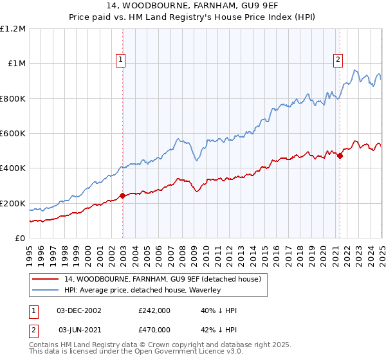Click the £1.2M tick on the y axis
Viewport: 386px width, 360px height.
point(14,28)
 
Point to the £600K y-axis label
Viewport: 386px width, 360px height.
point(13,133)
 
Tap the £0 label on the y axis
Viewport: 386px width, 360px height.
point(20,238)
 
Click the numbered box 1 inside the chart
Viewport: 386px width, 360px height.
point(120,60)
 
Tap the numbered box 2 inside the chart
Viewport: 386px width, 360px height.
point(338,60)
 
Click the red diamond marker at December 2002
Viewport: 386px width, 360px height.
point(122,196)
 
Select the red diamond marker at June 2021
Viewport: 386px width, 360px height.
point(340,156)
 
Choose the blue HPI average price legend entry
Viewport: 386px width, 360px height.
point(142,290)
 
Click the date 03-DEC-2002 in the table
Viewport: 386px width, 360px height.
point(79,310)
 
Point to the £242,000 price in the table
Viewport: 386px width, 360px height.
point(154,310)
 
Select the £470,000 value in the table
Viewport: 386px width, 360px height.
point(154,330)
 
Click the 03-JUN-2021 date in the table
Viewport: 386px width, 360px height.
point(79,330)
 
